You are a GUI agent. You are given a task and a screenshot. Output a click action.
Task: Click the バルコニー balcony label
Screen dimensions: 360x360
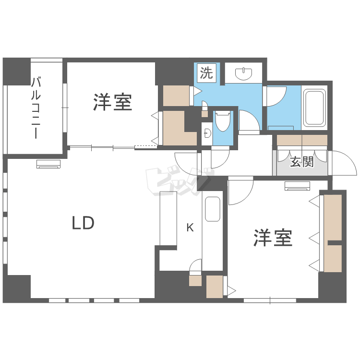point(35,108)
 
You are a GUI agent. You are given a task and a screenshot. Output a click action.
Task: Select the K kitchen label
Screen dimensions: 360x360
point(190,228)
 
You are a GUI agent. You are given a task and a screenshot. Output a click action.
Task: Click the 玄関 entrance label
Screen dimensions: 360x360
point(301,162)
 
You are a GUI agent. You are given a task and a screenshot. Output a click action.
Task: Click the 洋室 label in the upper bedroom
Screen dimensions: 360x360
point(112,102)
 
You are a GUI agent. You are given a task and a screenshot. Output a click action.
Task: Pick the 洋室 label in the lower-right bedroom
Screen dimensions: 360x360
point(273,238)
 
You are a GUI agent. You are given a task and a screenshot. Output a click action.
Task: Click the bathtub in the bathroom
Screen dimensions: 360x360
point(315,108)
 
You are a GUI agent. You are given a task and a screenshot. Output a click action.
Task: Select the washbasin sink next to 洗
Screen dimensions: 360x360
point(244,74)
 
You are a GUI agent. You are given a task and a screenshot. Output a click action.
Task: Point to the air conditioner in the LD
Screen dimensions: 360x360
point(48,165)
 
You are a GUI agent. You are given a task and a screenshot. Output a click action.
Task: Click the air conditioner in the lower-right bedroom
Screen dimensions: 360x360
point(298,186)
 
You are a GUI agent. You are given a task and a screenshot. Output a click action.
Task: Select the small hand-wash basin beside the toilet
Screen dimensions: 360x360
point(207,132)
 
